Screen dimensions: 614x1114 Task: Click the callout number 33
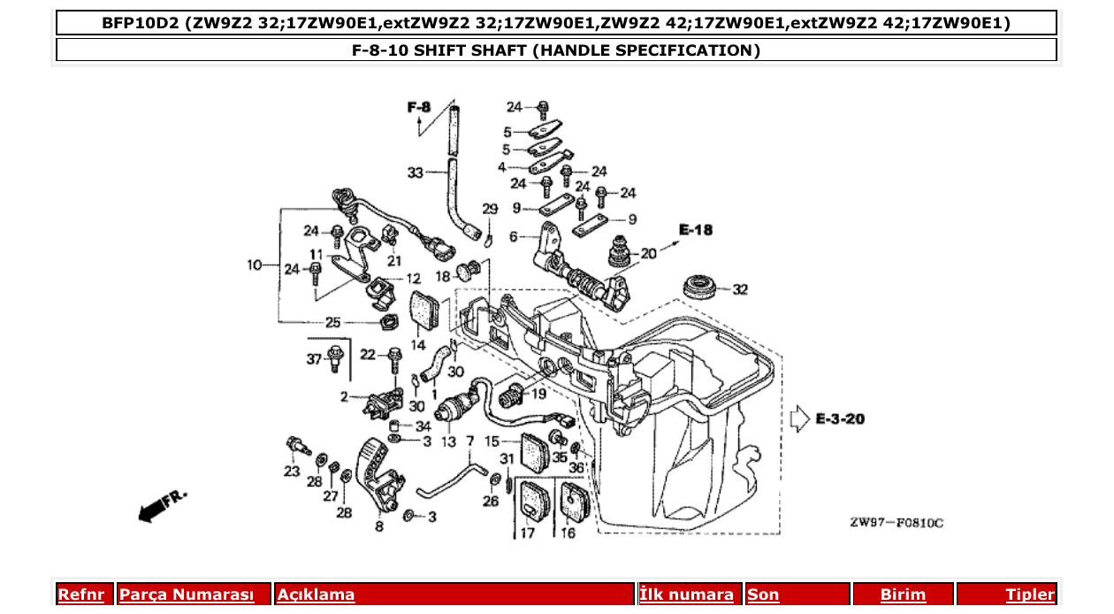[x=416, y=173]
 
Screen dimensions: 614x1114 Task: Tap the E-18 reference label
[x=695, y=230]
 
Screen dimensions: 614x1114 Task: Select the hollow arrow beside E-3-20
[x=799, y=418]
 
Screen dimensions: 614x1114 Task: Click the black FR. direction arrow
[x=154, y=509]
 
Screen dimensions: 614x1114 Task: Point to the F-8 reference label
[x=418, y=108]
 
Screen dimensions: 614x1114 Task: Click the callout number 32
[x=740, y=289]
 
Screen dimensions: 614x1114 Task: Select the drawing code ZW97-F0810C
[x=897, y=523]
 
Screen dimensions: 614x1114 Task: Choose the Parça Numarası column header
[x=187, y=595]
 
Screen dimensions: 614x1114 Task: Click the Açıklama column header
[x=316, y=595]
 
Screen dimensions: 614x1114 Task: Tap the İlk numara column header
[x=687, y=595]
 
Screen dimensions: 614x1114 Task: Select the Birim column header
[x=903, y=595]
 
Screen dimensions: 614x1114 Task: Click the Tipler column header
[x=1030, y=595]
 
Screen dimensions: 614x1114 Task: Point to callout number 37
[x=313, y=358]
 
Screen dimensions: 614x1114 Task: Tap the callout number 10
[x=255, y=265]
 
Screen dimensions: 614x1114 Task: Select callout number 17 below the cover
[x=527, y=533]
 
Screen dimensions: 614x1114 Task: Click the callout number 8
[x=379, y=526]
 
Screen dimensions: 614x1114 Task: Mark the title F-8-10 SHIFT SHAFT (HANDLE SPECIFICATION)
[x=556, y=50]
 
